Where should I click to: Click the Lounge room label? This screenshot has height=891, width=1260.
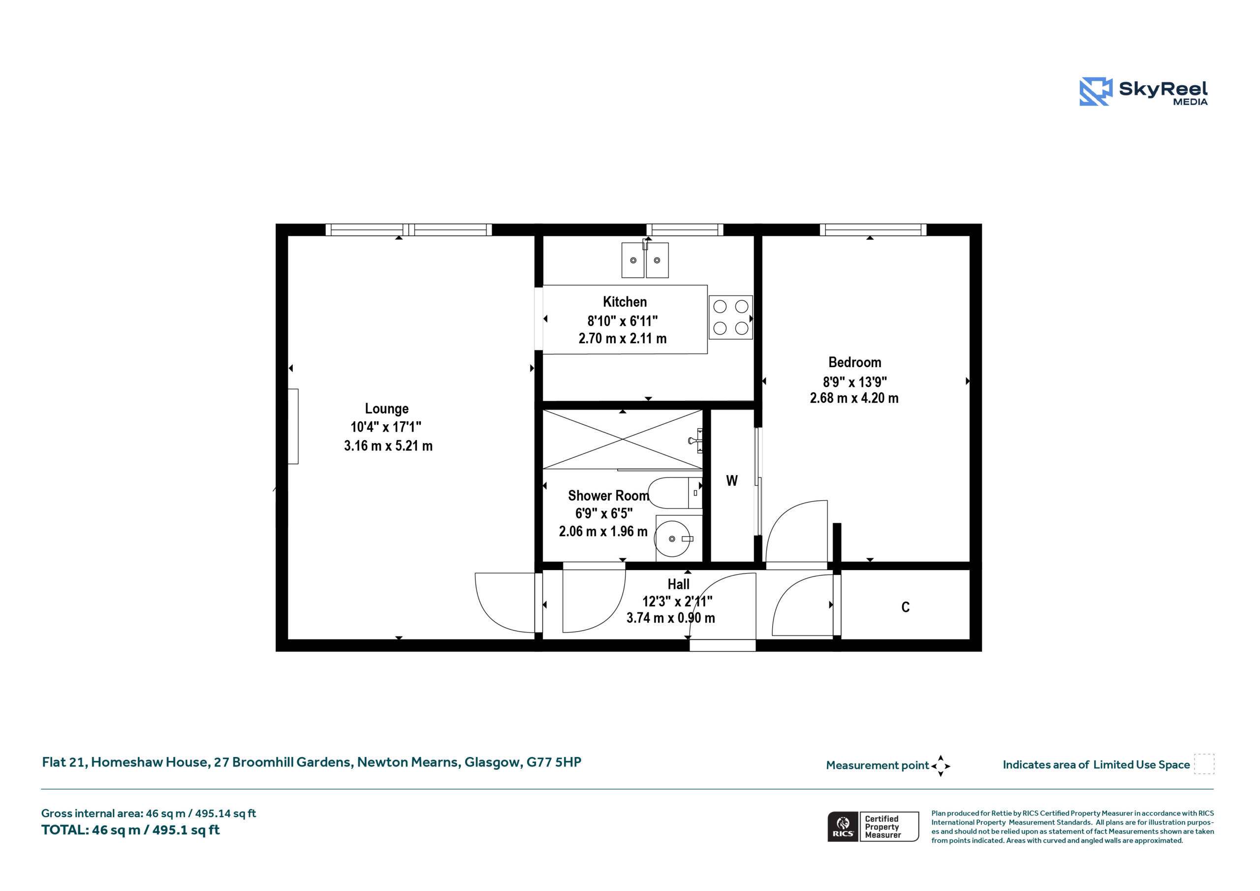point(386,409)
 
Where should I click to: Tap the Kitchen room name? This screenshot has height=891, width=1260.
point(625,302)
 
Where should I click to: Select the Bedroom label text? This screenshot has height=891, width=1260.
point(854,362)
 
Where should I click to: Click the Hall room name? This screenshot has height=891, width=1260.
point(678,584)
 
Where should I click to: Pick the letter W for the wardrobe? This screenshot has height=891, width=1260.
point(731,481)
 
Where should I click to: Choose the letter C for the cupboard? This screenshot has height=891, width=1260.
point(906,607)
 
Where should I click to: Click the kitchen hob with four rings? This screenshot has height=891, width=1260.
point(730,318)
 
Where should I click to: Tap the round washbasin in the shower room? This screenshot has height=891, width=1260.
point(672,539)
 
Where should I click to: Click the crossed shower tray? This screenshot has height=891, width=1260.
point(622,439)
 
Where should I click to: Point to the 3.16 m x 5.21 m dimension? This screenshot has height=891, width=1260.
point(388,446)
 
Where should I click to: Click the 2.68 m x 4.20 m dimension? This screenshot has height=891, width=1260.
point(854,398)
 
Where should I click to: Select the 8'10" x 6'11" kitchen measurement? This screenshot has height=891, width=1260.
point(622,320)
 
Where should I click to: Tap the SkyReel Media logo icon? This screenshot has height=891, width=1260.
point(1096,91)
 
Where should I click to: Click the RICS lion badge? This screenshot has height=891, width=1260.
point(843,827)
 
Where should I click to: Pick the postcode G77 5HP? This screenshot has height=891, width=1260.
point(554,762)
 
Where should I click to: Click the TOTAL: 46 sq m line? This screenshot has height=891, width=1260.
point(130,830)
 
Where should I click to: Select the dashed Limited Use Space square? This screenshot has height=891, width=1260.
point(1204,764)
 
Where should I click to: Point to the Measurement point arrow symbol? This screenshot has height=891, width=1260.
point(941,766)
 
